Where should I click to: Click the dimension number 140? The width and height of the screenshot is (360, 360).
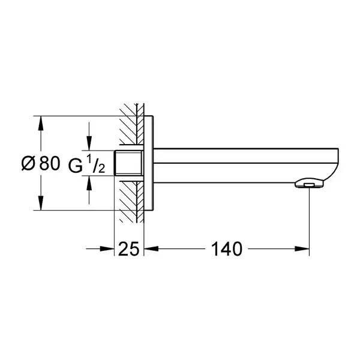[226, 249]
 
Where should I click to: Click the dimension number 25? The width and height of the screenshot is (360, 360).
[128, 249]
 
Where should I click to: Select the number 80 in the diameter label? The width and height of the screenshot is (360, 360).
[50, 163]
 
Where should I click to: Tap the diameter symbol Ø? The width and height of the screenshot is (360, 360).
[28, 163]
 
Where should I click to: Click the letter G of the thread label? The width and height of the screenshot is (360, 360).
[76, 166]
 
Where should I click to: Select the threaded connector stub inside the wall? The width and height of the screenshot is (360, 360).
[129, 163]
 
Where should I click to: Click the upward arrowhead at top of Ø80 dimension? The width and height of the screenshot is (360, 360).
[41, 123]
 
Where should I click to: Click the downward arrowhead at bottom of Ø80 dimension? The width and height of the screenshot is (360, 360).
[41, 203]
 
